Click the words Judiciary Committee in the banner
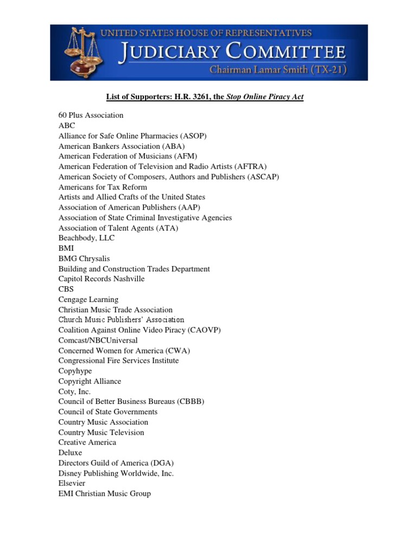(232, 52)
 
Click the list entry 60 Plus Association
(91, 115)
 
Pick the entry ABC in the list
(67, 125)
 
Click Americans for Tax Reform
(103, 187)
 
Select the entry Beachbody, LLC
(86, 238)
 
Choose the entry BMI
(66, 248)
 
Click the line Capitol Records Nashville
(102, 279)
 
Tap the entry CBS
(66, 289)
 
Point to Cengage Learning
(89, 299)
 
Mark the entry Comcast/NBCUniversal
(98, 340)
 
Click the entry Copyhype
(75, 371)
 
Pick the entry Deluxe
(71, 452)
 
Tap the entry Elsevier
(73, 483)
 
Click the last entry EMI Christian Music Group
(105, 494)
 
